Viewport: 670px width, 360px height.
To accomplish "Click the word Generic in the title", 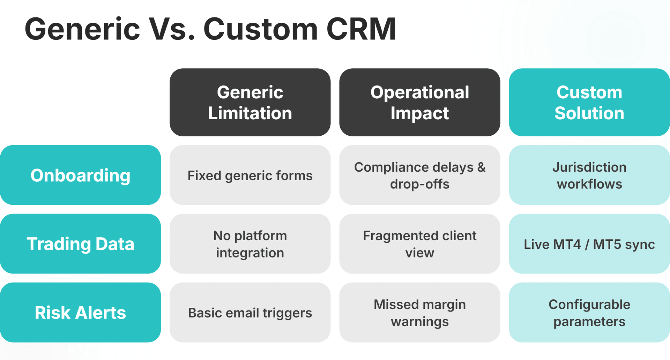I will [82, 29].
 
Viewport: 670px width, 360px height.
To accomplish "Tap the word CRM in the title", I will [361, 29].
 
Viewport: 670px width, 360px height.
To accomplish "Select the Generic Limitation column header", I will [250, 103].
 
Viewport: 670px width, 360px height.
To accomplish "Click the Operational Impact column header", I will [419, 103].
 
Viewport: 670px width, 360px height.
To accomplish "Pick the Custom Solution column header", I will [589, 103].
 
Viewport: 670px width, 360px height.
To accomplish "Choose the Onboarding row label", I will [80, 175].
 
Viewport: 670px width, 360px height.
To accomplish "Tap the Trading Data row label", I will [80, 244].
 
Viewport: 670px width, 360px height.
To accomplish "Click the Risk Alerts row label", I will [80, 313].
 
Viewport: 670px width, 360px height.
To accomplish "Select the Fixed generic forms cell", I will [250, 175].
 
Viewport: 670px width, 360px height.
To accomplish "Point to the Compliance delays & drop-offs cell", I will [419, 175].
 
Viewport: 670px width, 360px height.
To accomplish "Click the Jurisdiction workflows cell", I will [589, 175].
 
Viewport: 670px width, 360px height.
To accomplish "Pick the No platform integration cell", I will [250, 244].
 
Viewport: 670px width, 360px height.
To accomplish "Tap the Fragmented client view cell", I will [419, 244].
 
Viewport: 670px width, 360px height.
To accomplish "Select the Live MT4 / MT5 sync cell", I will [589, 244].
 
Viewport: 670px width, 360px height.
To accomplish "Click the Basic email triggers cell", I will [250, 313].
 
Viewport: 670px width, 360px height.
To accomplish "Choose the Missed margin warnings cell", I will [419, 313].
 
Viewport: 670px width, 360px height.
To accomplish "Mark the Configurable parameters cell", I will [589, 313].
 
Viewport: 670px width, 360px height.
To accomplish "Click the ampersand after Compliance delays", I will [481, 167].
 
